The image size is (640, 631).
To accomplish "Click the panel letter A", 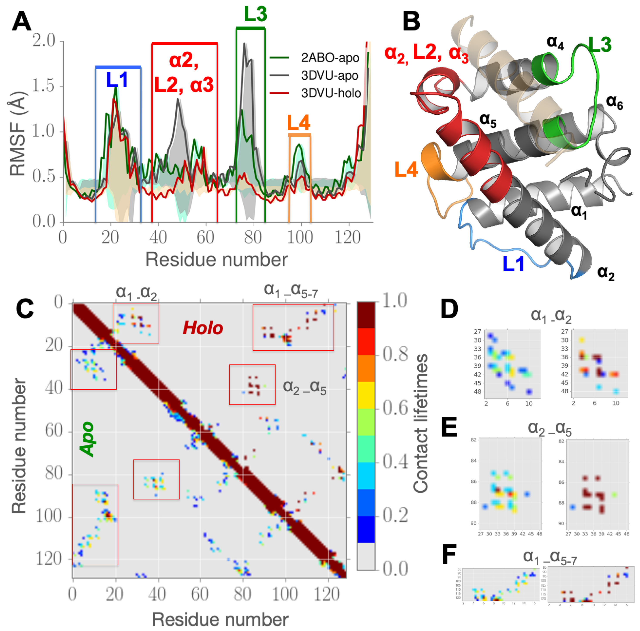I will (x=22, y=22).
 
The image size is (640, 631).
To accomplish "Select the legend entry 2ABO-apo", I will (x=329, y=58).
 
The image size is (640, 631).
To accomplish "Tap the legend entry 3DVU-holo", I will (x=330, y=93).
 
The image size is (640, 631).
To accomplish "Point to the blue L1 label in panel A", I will (x=117, y=80).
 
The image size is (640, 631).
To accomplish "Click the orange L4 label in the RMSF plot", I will (x=298, y=123).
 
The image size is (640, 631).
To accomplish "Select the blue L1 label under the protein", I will (x=513, y=264).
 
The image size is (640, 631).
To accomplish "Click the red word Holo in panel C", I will (x=203, y=328).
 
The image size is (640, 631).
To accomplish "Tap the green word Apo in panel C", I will (x=87, y=439).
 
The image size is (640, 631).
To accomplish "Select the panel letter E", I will (x=449, y=428).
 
